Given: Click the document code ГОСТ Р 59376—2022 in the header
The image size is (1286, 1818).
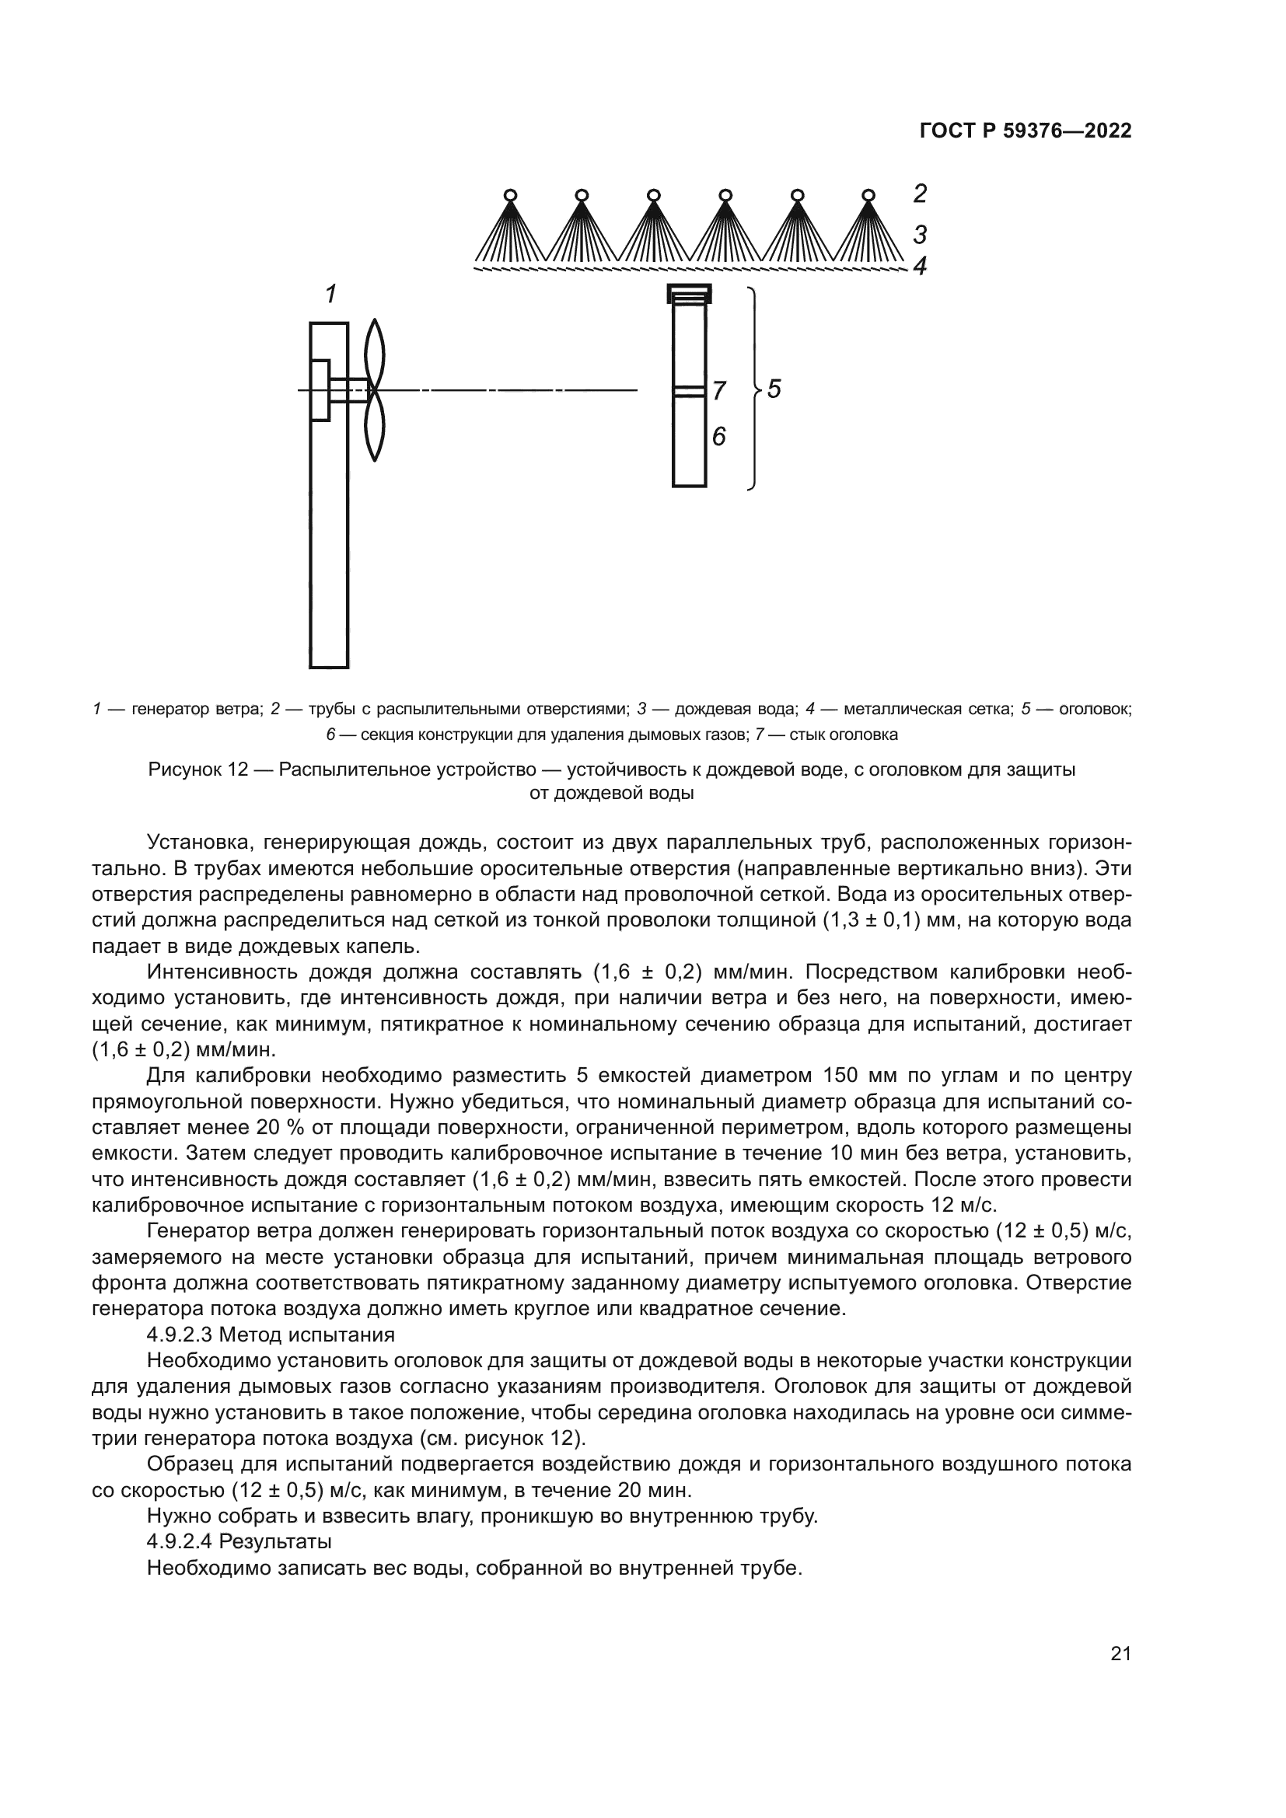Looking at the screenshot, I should (1025, 131).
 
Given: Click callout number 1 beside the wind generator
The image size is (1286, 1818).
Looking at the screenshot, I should (331, 295).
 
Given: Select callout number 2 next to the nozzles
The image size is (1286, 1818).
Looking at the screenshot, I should (919, 194).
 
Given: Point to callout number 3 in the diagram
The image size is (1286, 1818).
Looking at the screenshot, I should (919, 235).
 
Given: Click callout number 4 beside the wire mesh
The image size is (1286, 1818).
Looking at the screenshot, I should (919, 266).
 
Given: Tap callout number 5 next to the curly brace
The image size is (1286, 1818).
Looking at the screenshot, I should (774, 389).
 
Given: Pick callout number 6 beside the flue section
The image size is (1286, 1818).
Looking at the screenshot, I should (718, 436).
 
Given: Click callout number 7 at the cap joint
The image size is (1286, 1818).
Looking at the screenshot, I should (718, 390).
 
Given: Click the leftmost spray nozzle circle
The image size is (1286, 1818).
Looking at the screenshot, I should (511, 195).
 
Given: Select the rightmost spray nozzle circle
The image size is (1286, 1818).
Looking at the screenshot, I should (868, 195).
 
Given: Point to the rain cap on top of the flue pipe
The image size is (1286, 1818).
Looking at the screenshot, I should (689, 294).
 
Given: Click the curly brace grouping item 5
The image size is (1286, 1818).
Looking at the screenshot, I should (755, 389).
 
